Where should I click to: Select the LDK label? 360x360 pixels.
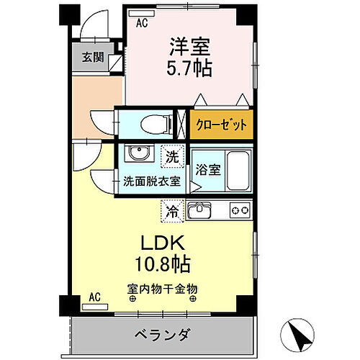pyautogui.click(x=161, y=241)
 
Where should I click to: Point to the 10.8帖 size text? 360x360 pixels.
pyautogui.click(x=161, y=264)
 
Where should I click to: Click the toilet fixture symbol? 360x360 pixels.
pyautogui.click(x=149, y=123)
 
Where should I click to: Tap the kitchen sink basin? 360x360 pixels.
pyautogui.click(x=199, y=210)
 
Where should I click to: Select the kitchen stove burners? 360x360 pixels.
pyautogui.click(x=238, y=210)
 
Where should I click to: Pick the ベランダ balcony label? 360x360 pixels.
pyautogui.click(x=162, y=335)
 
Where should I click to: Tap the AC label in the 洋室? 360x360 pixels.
pyautogui.click(x=142, y=23)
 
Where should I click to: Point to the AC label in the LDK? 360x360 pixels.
pyautogui.click(x=94, y=296)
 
